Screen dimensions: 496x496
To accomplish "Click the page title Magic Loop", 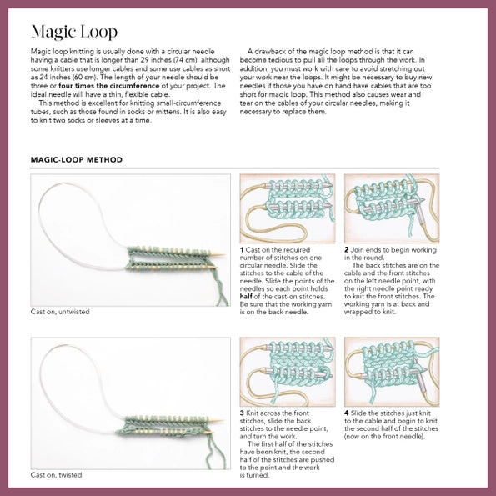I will coord(73,33).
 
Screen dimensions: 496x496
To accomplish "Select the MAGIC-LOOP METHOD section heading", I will coord(76,159).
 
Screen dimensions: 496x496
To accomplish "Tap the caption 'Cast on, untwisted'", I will coord(60,312).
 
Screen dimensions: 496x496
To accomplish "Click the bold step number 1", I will coord(242,249).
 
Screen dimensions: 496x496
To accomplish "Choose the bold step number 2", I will coord(347,249).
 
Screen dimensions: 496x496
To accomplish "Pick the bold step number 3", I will coord(242,413).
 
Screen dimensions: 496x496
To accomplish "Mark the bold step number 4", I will coord(347,413).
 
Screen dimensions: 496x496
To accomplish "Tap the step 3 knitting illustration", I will coord(287,371).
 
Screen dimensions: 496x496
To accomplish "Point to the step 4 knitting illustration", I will coord(392,371).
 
